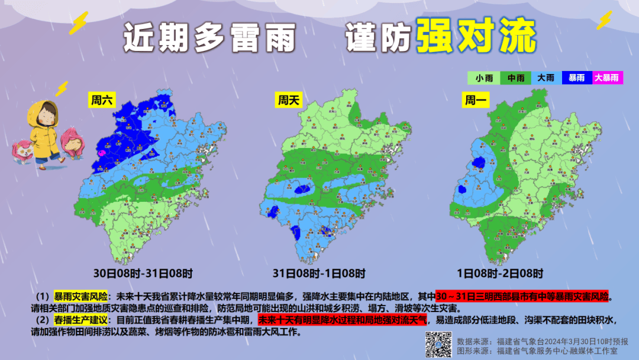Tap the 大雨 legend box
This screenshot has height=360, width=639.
pos(546,78)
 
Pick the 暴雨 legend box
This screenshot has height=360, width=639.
pos(576,78)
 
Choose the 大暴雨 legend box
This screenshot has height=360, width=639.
pos(607,78)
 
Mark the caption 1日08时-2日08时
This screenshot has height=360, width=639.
pos(500,274)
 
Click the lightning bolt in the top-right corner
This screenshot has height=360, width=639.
pos(605,21)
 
